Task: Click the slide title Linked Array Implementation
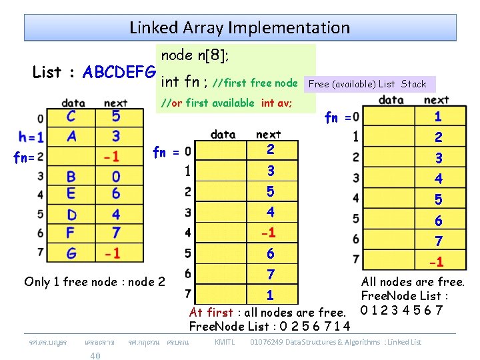pos(239,27)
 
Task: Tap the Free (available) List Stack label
pos(368,84)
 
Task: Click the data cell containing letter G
pos(71,253)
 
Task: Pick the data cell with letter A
pos(71,137)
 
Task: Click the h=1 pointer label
pos(31,137)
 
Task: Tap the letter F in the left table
pos(71,233)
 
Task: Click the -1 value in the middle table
pos(270,233)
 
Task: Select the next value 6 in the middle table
pos(270,253)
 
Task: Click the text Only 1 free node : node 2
pos(95,281)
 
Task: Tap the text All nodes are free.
pos(413,282)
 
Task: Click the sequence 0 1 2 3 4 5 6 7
pos(401,310)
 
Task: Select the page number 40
pos(95,356)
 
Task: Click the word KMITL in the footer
pos(225,342)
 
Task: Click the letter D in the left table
pos(71,214)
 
